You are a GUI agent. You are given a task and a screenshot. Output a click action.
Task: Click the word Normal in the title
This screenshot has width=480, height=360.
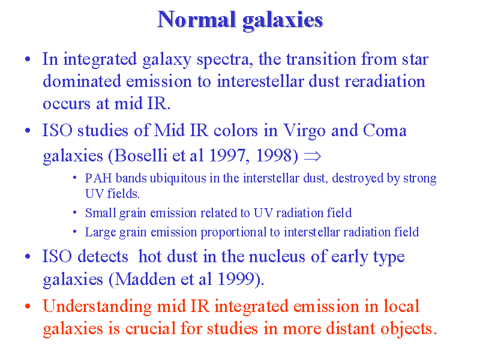[x=197, y=19]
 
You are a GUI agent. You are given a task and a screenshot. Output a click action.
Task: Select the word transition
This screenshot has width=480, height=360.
[x=320, y=59]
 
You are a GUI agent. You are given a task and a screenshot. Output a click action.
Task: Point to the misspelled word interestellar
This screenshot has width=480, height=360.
[x=260, y=82]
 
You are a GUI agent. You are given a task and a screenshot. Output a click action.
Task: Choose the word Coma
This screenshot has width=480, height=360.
[x=385, y=130]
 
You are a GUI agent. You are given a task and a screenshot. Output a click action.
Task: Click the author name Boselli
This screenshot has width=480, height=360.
[x=141, y=155]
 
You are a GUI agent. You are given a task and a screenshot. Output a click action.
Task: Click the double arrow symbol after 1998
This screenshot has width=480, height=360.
[x=313, y=157]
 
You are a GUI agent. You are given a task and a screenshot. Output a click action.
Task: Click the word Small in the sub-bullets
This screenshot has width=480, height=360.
[x=100, y=213]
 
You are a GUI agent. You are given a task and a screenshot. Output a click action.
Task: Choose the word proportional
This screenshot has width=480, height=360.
[x=233, y=233]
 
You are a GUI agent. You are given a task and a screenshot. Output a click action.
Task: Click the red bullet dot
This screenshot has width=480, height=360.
[x=28, y=306]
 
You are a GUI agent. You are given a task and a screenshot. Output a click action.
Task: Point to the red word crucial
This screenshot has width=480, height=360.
[x=150, y=329]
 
